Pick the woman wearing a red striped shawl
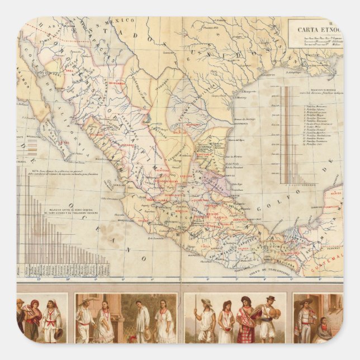pyautogui.click(x=34, y=319)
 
